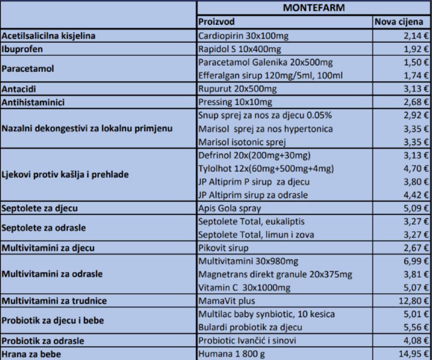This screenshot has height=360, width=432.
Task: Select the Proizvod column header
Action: pos(216,22)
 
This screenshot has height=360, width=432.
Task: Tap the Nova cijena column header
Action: pos(398,22)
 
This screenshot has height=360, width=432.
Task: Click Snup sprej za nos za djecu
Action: pos(264,116)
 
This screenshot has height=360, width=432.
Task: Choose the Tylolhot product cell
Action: pos(266,168)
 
